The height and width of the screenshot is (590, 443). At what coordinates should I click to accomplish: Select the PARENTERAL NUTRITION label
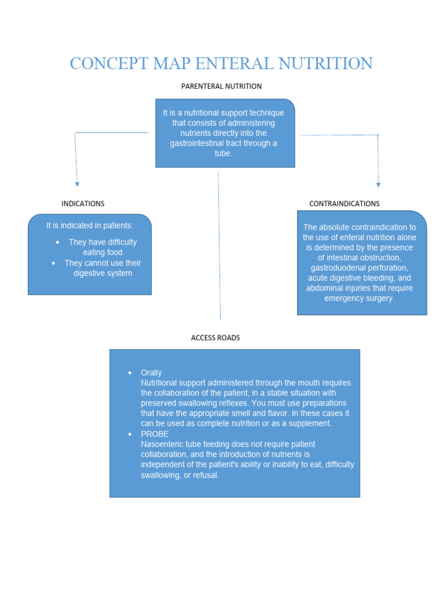221,86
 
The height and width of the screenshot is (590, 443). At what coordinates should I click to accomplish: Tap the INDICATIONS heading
83,203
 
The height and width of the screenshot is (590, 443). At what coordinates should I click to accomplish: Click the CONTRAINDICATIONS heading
344,203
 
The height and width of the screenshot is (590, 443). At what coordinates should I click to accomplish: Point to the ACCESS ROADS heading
215,338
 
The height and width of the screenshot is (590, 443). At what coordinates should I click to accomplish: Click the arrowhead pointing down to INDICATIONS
77,184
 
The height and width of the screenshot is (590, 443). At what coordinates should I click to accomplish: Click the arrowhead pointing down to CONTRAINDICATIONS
378,184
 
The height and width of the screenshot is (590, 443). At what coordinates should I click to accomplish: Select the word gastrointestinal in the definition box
200,143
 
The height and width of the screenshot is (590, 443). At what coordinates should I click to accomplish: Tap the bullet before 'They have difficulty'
57,242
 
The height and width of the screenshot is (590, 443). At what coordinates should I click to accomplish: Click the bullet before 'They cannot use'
54,263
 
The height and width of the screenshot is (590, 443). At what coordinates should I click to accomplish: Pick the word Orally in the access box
151,373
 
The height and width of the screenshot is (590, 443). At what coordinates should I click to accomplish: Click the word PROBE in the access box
155,434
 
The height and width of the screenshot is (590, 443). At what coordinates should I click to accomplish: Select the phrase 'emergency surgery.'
359,298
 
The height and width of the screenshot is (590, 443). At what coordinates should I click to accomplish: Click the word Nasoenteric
162,444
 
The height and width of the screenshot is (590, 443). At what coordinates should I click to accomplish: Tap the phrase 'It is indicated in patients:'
89,225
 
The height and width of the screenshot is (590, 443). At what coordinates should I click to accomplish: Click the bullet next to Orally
130,373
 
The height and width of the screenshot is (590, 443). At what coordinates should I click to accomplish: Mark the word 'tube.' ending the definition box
223,154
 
